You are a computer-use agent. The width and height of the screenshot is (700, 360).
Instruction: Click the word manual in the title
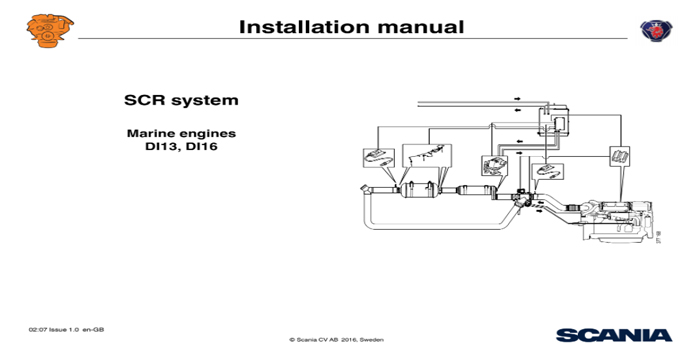[421, 26]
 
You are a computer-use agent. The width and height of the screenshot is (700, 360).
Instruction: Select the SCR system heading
[181, 101]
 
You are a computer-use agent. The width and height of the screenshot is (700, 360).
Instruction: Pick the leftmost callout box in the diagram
[375, 157]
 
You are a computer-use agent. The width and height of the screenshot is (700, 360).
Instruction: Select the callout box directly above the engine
[619, 158]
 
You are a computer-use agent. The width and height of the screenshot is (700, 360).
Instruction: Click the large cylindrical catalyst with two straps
[420, 190]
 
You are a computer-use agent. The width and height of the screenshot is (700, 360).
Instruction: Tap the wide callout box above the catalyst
[425, 156]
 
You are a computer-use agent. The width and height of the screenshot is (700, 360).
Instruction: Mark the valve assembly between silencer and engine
[524, 198]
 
